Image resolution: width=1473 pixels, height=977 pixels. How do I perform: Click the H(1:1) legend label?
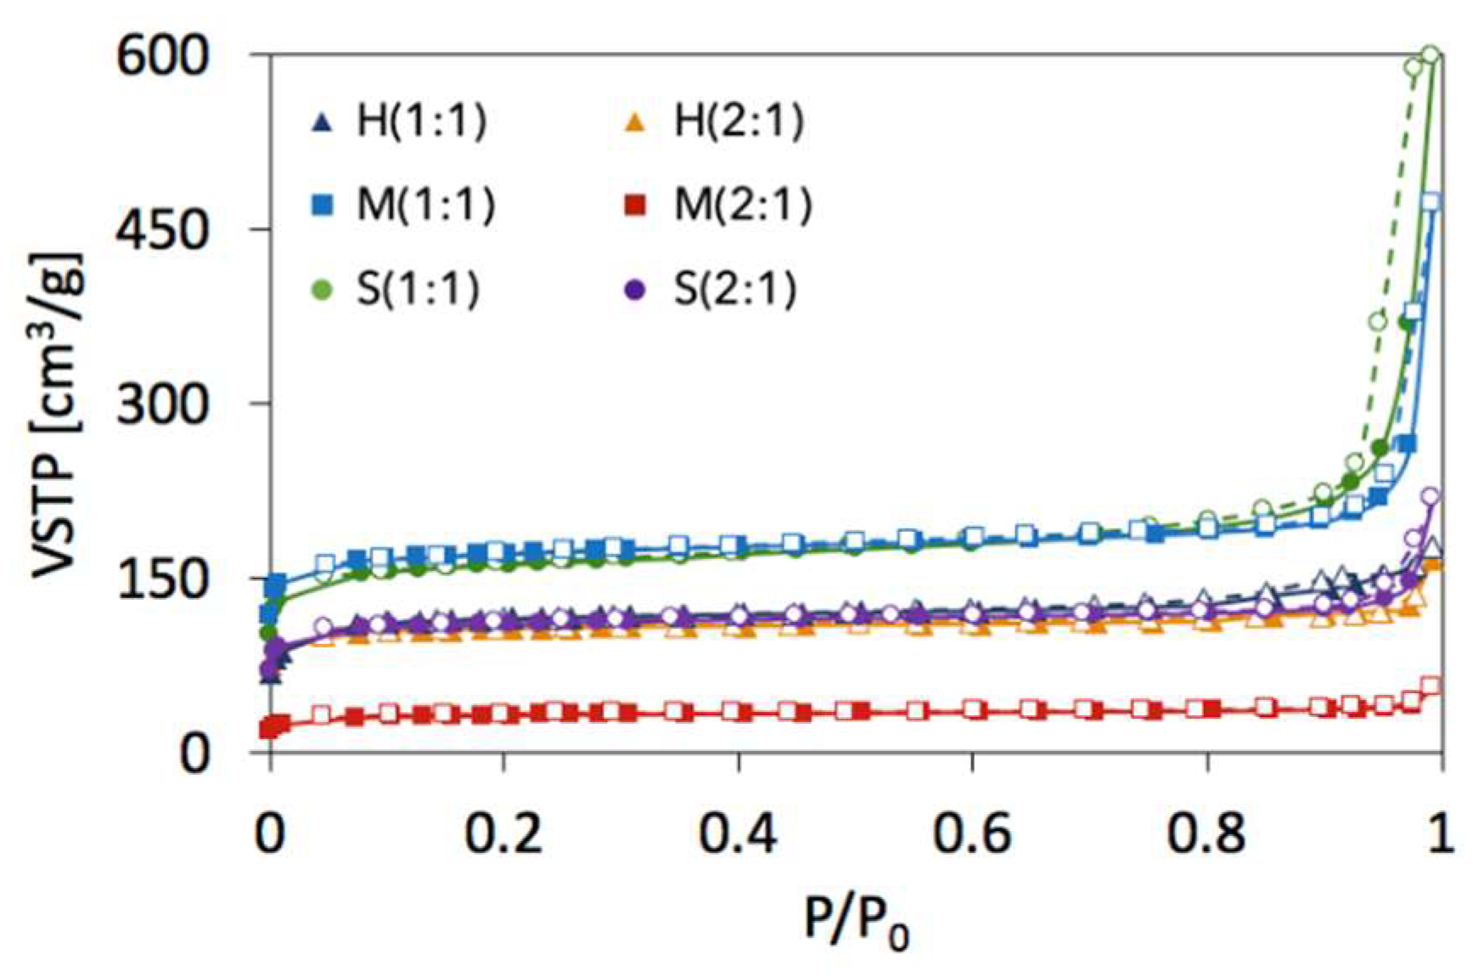(x=422, y=121)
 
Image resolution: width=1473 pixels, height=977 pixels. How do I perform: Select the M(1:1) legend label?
(x=426, y=205)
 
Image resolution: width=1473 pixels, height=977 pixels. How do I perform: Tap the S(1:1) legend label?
(x=419, y=289)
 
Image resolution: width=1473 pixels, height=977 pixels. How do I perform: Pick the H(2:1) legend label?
(x=739, y=121)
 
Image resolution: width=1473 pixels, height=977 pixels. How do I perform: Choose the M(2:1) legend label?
(x=743, y=205)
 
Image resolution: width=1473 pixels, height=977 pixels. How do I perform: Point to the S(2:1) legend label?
(x=735, y=289)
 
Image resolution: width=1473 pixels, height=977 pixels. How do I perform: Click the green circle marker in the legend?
(x=323, y=290)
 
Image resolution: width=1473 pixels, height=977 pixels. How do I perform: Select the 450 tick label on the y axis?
(x=162, y=230)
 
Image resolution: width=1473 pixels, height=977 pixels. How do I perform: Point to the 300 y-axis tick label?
(x=162, y=404)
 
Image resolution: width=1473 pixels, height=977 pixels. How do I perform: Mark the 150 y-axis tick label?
(x=162, y=579)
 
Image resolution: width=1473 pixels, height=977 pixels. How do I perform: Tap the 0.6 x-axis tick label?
(x=971, y=834)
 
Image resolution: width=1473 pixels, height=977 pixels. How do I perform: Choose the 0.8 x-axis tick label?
(x=1206, y=834)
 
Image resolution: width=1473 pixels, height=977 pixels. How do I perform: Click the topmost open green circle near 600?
(x=1431, y=56)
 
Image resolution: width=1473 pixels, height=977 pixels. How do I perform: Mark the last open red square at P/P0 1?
(x=1431, y=686)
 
